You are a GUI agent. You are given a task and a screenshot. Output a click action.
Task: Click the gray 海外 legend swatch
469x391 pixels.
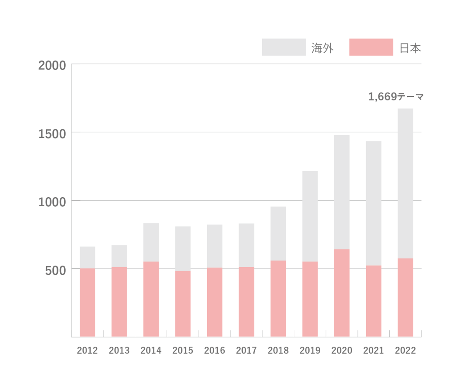(284, 47)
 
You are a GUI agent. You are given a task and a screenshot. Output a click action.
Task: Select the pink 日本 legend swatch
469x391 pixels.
(371, 47)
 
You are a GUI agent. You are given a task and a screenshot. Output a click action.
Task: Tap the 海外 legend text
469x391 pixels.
(322, 48)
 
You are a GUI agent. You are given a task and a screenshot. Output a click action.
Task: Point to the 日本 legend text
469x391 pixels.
(410, 48)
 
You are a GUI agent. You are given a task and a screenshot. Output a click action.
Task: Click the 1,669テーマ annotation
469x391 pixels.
(396, 97)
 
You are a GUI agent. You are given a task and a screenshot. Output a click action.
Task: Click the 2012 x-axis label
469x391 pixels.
(87, 350)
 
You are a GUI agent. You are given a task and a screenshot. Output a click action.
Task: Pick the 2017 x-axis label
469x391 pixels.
(246, 350)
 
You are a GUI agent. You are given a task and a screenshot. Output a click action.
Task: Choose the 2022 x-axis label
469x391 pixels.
(405, 350)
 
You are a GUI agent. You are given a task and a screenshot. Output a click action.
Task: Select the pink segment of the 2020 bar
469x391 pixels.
(342, 293)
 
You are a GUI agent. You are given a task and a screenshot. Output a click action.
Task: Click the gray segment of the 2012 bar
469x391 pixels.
(87, 257)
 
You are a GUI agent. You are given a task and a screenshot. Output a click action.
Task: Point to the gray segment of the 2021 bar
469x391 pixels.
(374, 203)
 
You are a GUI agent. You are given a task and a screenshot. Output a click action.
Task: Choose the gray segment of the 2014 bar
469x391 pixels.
(151, 242)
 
